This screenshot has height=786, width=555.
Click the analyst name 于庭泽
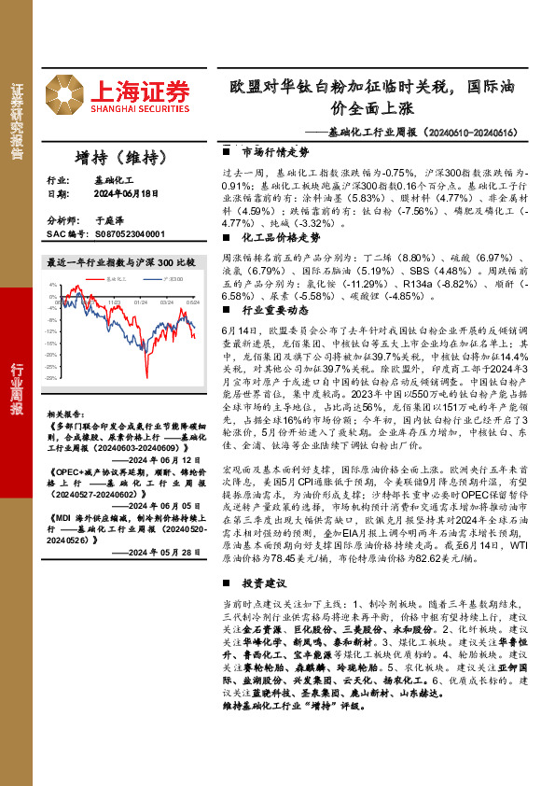coord(110,220)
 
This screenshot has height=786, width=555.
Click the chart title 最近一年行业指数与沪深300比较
coord(120,263)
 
